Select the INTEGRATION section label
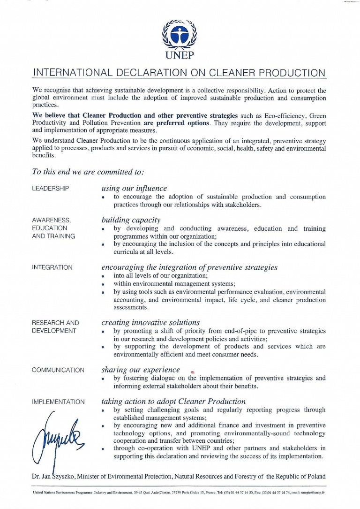(x=52, y=267)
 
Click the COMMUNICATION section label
(x=58, y=370)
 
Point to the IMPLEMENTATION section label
(x=58, y=402)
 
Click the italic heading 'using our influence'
(x=134, y=188)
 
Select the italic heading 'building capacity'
(x=131, y=220)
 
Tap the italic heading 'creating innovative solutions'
(x=150, y=322)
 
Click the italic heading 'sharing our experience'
(x=140, y=370)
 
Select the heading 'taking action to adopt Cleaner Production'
(x=173, y=401)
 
